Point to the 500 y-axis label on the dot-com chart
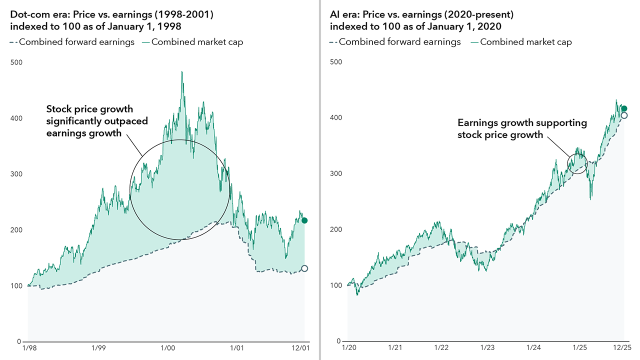pyautogui.click(x=16, y=62)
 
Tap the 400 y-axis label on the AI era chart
pyautogui.click(x=335, y=118)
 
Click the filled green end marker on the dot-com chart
pyautogui.click(x=304, y=220)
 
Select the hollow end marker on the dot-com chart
pyautogui.click(x=304, y=268)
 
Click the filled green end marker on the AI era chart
pyautogui.click(x=624, y=108)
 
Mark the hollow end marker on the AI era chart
pyautogui.click(x=624, y=115)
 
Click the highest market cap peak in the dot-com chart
pyautogui.click(x=182, y=72)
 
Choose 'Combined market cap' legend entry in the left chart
pyautogui.click(x=197, y=42)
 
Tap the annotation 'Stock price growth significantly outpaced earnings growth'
pyautogui.click(x=97, y=121)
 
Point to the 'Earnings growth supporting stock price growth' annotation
pyautogui.click(x=522, y=128)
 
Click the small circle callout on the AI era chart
pyautogui.click(x=577, y=163)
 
